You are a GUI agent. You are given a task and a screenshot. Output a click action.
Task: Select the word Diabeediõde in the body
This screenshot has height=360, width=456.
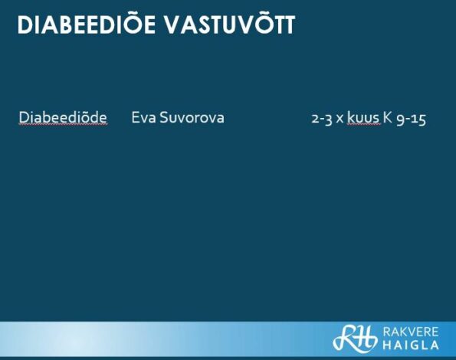[x=63, y=118]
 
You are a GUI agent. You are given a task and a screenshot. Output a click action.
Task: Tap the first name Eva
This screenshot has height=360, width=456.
[x=143, y=118]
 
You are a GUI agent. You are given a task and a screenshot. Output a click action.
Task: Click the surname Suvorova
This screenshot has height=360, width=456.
[x=192, y=118]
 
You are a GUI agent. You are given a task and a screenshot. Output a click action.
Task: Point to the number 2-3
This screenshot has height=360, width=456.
[x=322, y=119]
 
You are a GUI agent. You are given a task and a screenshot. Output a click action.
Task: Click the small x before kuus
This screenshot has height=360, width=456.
[x=340, y=119]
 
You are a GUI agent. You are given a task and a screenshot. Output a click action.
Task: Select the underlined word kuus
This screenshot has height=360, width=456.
[x=363, y=118]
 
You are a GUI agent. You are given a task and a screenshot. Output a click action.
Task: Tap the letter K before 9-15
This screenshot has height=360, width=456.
[x=387, y=118]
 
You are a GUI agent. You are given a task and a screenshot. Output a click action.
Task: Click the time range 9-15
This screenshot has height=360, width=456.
[x=412, y=119]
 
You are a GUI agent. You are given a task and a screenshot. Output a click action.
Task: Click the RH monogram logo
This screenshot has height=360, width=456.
[x=355, y=338]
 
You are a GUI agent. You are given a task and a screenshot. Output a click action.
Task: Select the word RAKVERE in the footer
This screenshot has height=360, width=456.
[x=411, y=332]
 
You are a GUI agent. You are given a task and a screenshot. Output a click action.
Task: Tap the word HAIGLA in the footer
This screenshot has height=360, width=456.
[x=411, y=345]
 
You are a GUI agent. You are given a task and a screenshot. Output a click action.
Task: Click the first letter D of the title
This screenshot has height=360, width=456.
[x=25, y=25]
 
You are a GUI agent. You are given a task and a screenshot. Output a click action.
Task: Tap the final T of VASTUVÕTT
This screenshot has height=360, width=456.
[x=289, y=25]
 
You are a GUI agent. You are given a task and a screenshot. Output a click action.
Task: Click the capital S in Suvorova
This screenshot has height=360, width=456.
[x=164, y=118]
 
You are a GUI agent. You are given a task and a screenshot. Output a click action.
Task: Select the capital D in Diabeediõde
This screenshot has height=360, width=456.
[x=24, y=118]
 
